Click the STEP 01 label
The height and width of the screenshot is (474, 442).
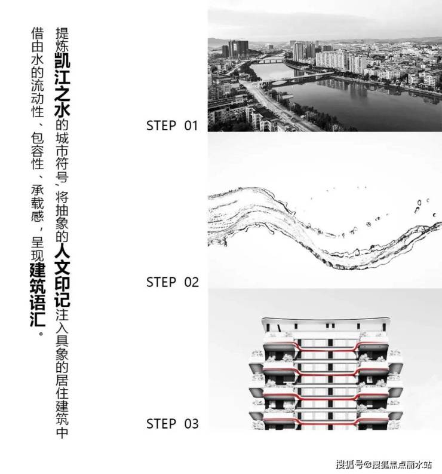point(172,126)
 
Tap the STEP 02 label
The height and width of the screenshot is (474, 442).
point(173,282)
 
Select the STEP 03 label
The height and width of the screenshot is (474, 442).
point(173,424)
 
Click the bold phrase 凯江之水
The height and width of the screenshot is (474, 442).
point(62,85)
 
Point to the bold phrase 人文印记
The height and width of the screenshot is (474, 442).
point(62,276)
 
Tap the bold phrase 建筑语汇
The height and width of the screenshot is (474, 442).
point(38,295)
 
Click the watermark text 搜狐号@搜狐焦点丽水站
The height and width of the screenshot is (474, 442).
point(383,464)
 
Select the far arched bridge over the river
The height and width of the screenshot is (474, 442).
point(269,60)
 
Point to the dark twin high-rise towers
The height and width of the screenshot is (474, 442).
point(238,48)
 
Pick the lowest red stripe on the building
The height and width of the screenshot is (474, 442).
point(326,421)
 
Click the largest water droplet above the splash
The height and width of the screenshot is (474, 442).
point(419,203)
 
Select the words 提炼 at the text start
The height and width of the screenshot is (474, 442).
point(62,39)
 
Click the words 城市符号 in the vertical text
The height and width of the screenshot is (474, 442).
point(62,157)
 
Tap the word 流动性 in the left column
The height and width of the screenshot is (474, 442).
point(38,99)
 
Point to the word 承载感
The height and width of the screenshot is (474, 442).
point(38,203)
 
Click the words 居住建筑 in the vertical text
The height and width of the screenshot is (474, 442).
point(62,400)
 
